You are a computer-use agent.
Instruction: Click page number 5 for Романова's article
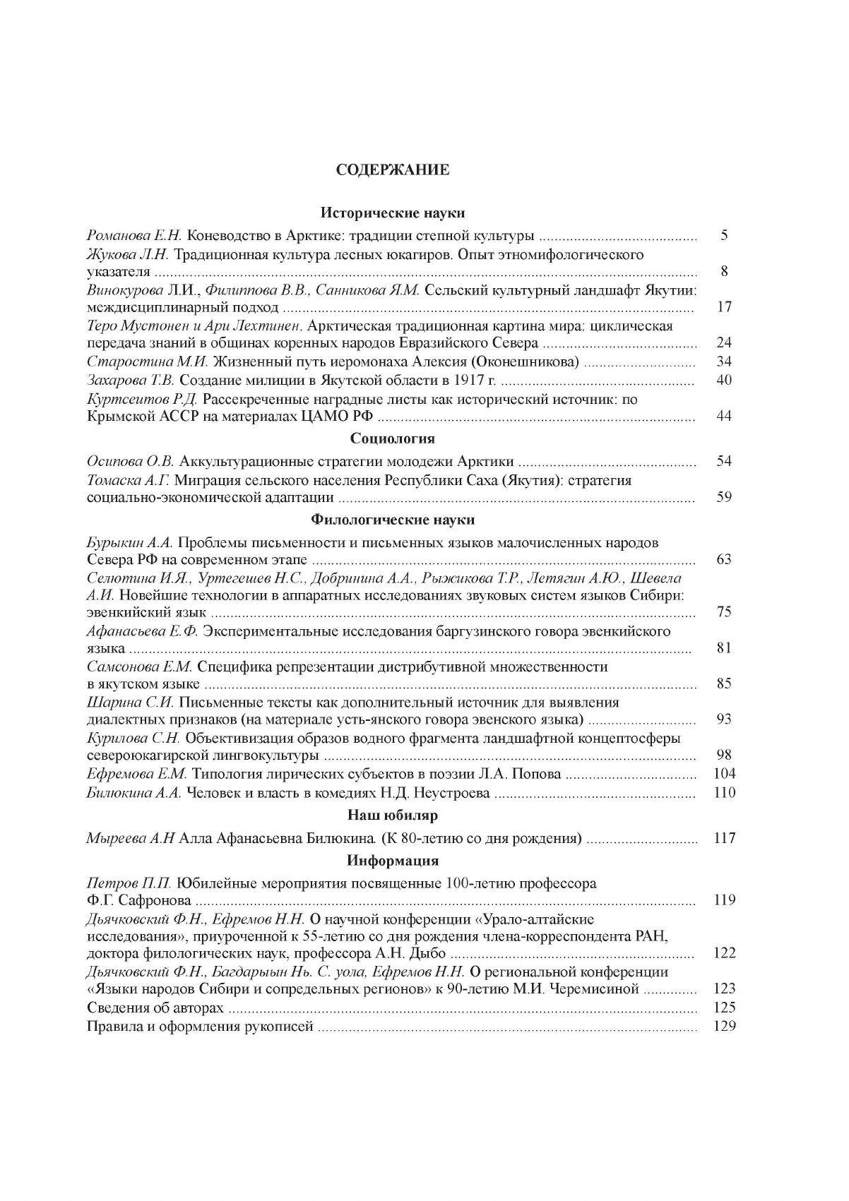coord(724,236)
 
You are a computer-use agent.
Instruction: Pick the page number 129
coord(725,1026)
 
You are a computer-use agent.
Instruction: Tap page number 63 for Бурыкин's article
coord(724,560)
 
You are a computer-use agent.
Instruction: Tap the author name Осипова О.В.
coord(130,462)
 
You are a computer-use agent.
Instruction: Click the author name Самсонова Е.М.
coord(139,667)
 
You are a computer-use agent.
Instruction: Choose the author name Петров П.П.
coord(129,883)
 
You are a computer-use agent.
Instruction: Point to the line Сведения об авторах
coord(155,1008)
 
